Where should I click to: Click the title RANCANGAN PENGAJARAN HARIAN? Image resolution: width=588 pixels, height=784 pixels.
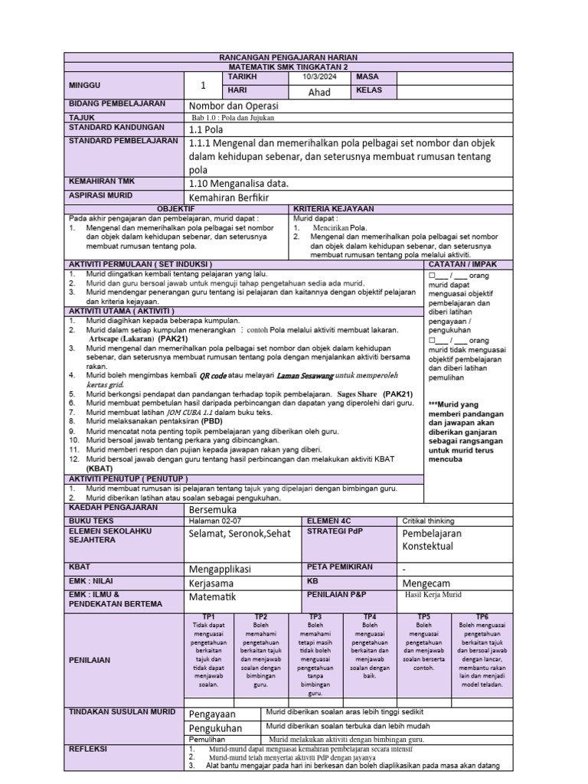click(x=293, y=58)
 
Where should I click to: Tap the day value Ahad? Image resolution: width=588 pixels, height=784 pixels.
click(x=318, y=93)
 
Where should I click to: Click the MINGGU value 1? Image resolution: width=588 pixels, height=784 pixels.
click(x=203, y=85)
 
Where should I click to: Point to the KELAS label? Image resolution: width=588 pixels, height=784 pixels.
click(x=368, y=91)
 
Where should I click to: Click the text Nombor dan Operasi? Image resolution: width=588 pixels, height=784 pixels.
click(x=234, y=106)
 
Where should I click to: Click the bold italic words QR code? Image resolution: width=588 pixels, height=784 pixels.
click(x=214, y=376)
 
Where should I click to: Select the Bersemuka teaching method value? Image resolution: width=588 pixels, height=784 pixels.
click(x=213, y=509)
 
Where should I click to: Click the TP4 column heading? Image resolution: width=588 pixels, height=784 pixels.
click(x=369, y=616)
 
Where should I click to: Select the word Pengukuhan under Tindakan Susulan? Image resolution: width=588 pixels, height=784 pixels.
click(x=215, y=728)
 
